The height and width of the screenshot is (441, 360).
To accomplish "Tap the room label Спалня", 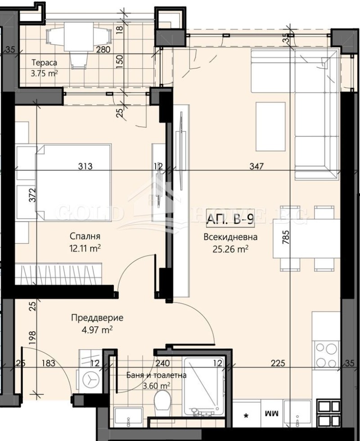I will pos(85,236).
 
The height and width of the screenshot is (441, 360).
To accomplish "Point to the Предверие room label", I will pos(97,318).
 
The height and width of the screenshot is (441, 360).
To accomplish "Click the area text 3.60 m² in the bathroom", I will pos(156,386).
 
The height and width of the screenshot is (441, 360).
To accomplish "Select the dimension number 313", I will pos(85,166).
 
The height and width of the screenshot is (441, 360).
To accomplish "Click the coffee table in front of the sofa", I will pos(270,126).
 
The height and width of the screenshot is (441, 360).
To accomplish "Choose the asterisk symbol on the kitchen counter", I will pos(246,414).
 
